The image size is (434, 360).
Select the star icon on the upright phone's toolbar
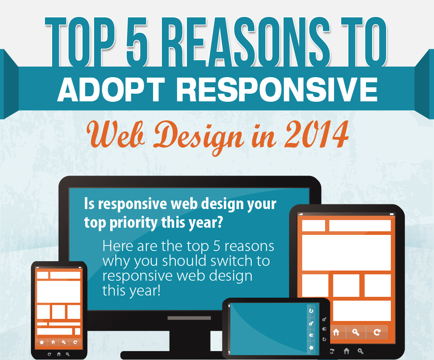pos(42,342)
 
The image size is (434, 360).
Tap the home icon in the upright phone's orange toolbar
pos(53,342)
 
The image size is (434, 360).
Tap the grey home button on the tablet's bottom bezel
pos(346,351)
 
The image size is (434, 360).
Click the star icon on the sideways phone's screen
pos(311,348)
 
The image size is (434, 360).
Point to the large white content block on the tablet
pos(346,252)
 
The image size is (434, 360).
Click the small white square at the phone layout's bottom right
pos(78,331)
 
